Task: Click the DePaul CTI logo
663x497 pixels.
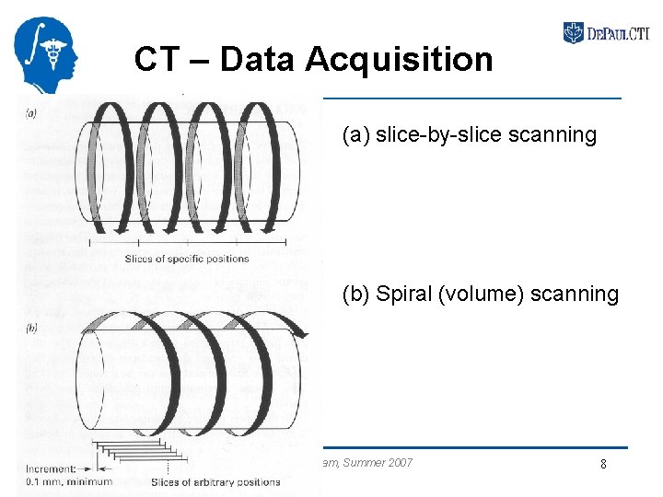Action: click(x=606, y=34)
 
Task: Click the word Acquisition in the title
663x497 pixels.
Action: click(x=399, y=61)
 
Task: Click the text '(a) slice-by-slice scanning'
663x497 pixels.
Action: click(x=469, y=135)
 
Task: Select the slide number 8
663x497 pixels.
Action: click(x=603, y=465)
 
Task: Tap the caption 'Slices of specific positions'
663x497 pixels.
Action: click(x=187, y=259)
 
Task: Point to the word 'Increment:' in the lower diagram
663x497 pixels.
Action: click(x=52, y=468)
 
